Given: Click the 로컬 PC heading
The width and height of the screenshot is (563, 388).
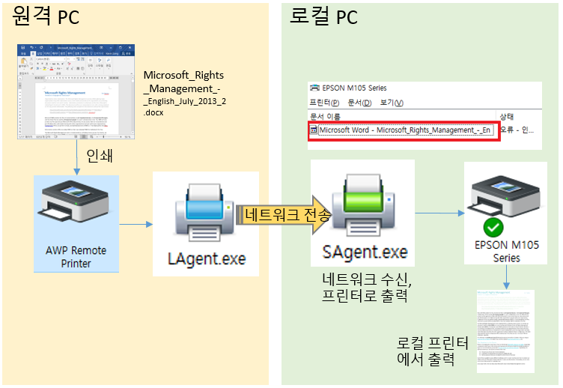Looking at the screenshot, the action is pyautogui.click(x=323, y=16).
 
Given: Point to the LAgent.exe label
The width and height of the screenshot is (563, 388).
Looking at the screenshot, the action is pyautogui.click(x=206, y=259).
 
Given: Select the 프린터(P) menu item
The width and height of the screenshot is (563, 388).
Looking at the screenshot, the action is pyautogui.click(x=324, y=103).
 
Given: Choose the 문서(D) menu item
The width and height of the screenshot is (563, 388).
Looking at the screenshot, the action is pyautogui.click(x=359, y=103).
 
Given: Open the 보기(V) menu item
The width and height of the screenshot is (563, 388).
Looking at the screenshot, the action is pyautogui.click(x=392, y=103).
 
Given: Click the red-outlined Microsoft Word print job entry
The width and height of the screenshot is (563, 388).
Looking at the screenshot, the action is pyautogui.click(x=404, y=130).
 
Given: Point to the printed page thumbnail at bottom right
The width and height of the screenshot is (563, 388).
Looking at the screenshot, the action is pyautogui.click(x=505, y=330).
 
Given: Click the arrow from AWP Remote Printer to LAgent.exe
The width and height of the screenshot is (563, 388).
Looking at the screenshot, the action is pyautogui.click(x=136, y=223).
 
